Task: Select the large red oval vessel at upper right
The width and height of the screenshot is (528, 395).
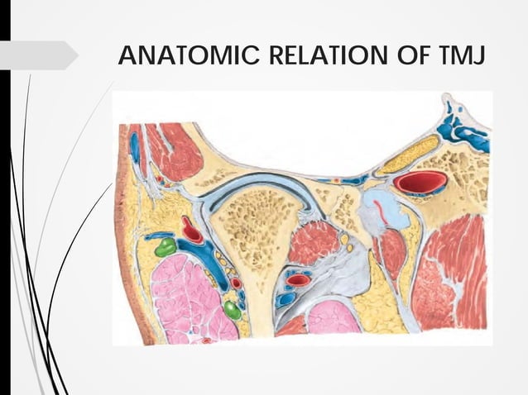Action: tap(420, 183)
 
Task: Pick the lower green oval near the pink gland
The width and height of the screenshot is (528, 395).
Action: tap(233, 310)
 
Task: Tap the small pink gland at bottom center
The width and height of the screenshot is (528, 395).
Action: tap(334, 317)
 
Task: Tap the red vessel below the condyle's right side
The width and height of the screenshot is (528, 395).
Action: tap(299, 280)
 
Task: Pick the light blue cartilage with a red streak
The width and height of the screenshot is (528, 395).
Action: tap(376, 212)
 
